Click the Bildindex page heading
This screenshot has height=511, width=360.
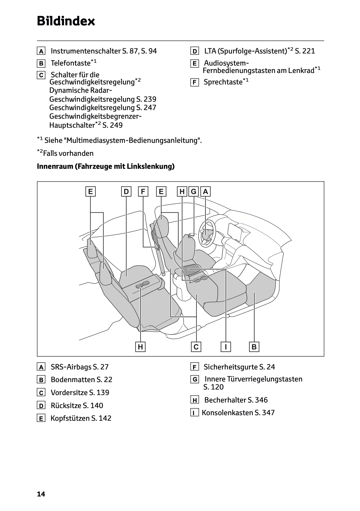(x=66, y=21)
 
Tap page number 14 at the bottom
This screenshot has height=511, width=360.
(x=41, y=494)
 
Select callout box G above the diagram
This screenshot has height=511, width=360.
(x=194, y=192)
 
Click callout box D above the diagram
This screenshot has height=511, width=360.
(x=126, y=192)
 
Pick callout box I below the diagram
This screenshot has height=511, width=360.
(x=226, y=347)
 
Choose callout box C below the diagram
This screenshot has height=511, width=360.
(x=196, y=347)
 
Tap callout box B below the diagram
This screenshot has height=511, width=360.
(x=254, y=347)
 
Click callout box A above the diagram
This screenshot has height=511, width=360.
(x=205, y=192)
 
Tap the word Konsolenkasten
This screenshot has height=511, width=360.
(x=227, y=413)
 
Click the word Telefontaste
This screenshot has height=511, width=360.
(x=70, y=63)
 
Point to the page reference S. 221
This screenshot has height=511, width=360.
(x=305, y=51)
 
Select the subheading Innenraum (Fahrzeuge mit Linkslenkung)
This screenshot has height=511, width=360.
(x=106, y=166)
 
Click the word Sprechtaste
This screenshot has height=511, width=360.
(x=223, y=82)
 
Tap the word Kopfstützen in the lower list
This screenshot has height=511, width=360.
(x=70, y=418)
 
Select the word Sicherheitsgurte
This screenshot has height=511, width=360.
(x=231, y=367)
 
